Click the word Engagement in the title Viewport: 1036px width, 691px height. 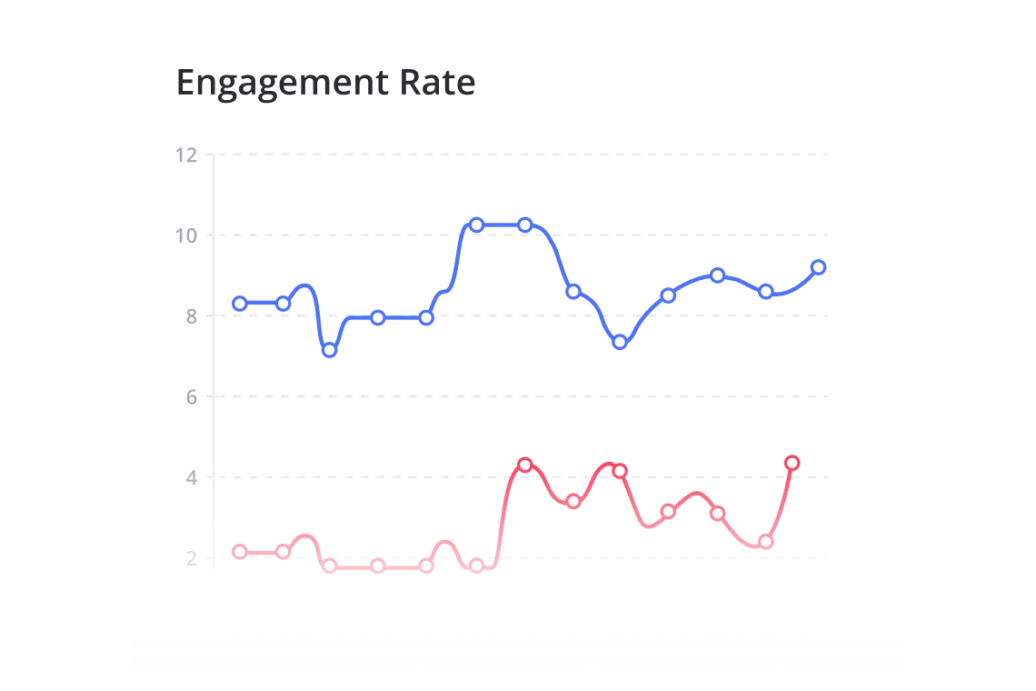[283, 84]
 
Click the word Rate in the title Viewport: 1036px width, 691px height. [437, 83]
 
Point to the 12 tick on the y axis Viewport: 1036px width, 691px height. [185, 155]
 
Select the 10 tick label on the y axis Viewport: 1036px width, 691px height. [185, 235]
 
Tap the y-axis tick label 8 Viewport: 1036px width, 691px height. [190, 316]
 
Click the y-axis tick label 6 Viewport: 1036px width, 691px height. [190, 396]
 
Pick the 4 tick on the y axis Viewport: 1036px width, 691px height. [190, 477]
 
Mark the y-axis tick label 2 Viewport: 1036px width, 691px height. [190, 557]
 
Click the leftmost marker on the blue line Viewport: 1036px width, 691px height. [240, 303]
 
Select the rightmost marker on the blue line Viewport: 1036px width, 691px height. [818, 267]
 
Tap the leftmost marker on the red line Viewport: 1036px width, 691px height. [240, 552]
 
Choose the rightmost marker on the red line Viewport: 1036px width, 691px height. [792, 463]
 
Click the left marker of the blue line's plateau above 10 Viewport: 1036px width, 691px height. [476, 225]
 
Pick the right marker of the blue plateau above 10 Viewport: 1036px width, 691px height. [524, 225]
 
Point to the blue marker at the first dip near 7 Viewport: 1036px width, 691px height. [330, 350]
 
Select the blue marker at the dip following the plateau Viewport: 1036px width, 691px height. [620, 342]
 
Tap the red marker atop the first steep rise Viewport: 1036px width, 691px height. [524, 465]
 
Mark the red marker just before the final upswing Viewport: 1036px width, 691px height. [765, 542]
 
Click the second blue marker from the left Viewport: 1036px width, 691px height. [283, 303]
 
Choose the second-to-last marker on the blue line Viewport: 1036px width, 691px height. [765, 292]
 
